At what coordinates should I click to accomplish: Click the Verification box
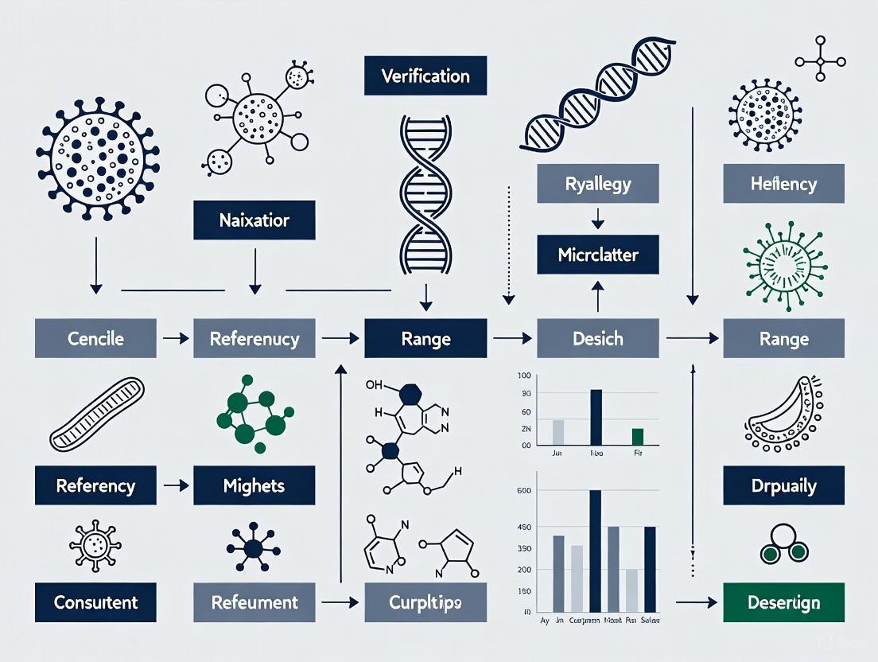click(x=425, y=76)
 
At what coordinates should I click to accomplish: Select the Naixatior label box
click(x=254, y=220)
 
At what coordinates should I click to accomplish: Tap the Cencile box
click(x=95, y=338)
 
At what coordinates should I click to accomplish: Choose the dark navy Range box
click(x=425, y=338)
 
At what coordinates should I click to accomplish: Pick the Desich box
click(x=598, y=338)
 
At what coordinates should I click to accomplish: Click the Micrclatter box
click(x=598, y=256)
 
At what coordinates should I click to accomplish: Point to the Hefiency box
click(x=783, y=184)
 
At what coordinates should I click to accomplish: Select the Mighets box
click(x=254, y=485)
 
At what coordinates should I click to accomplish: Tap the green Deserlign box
click(x=783, y=602)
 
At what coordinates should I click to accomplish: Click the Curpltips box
click(x=425, y=602)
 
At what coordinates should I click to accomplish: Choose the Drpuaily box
click(x=783, y=485)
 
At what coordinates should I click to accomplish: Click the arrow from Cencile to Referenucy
click(x=175, y=338)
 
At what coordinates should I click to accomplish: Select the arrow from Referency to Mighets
click(x=175, y=485)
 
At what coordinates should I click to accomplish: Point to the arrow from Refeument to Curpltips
click(x=340, y=602)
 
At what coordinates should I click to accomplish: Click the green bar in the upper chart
click(x=637, y=436)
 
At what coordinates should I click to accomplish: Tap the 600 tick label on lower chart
click(x=524, y=491)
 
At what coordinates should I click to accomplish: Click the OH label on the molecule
click(x=374, y=385)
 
